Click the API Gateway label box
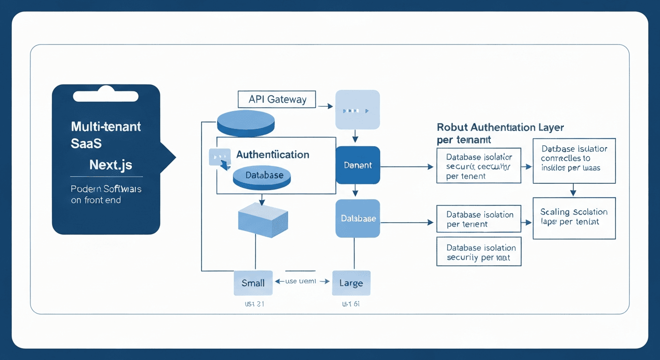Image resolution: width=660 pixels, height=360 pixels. [277, 99]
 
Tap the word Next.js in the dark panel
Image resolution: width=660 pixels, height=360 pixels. [111, 165]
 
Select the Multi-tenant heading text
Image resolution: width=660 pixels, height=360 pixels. [106, 126]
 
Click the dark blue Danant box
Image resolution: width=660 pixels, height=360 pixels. [358, 165]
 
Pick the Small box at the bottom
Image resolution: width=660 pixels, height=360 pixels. [253, 283]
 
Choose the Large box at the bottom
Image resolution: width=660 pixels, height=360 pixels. [351, 283]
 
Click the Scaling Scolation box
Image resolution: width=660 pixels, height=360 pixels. [574, 217]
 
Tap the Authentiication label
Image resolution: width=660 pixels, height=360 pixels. [272, 155]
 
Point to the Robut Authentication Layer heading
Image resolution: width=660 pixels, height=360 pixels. [500, 127]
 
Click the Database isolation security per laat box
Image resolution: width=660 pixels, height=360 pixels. [478, 252]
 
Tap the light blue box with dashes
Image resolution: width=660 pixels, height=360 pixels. [357, 110]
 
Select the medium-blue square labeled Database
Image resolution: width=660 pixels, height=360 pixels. [358, 218]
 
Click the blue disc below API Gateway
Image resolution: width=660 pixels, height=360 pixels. [246, 122]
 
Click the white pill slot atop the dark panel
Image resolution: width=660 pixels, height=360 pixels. [106, 96]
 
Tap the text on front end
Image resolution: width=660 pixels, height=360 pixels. [96, 200]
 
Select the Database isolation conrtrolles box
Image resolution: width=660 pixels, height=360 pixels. [574, 160]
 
